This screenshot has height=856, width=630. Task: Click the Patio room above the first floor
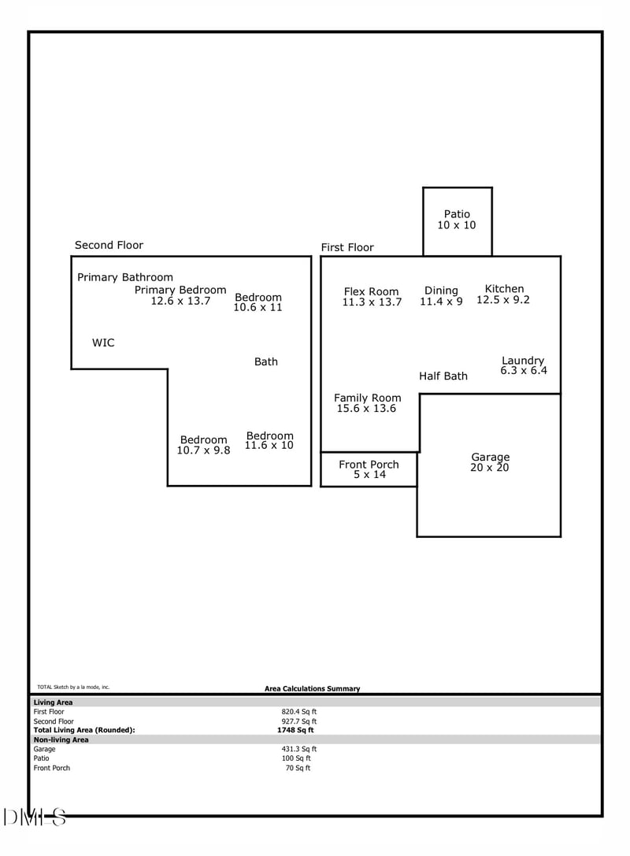457,220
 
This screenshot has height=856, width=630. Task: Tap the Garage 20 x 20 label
490,462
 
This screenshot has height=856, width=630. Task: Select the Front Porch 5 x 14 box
369,469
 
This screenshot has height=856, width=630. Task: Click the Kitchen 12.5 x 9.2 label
503,295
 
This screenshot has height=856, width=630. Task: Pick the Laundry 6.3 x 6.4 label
523,365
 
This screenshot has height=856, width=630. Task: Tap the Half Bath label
443,376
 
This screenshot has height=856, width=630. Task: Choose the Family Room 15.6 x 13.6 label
367,403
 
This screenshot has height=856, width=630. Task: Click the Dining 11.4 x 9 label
441,296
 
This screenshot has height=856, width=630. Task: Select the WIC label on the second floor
103,343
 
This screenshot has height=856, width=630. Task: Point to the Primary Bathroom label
124,277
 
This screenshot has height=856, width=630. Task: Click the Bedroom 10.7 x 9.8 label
203,445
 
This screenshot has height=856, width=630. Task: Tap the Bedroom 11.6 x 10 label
269,440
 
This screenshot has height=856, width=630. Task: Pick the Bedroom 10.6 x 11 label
258,302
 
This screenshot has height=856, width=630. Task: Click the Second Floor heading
109,245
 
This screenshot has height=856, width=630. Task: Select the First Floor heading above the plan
346,247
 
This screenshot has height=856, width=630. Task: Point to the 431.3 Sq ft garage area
298,749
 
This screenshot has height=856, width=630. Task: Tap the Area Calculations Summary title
312,688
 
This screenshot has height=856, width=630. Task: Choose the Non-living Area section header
61,739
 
